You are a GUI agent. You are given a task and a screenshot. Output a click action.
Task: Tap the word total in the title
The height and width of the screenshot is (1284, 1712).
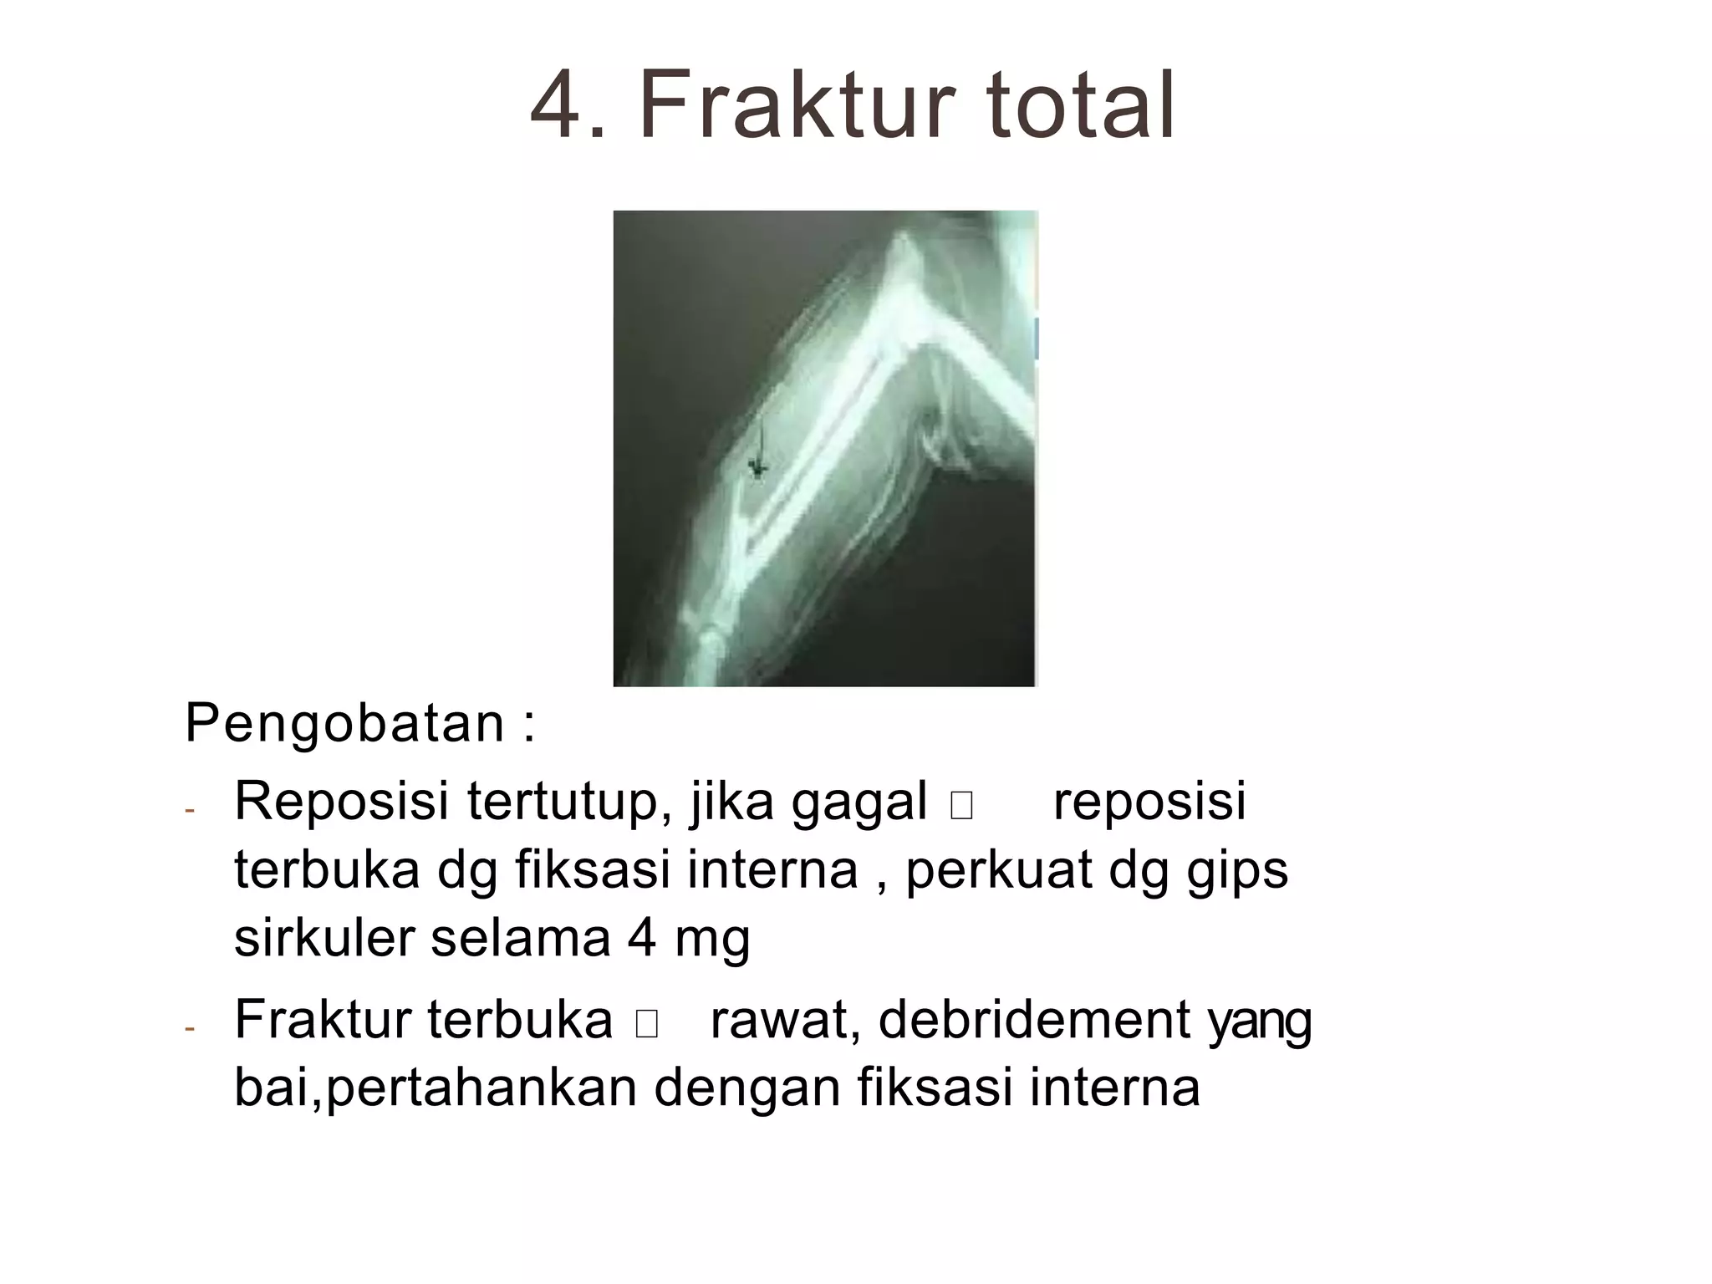point(1082,107)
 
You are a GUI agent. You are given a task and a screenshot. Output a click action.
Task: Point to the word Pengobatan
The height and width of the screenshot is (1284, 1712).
point(344,724)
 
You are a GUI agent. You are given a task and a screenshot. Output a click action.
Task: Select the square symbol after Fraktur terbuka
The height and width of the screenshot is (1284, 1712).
point(646,1025)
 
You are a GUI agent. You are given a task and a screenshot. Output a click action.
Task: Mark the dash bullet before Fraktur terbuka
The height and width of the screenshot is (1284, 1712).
point(190,1029)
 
